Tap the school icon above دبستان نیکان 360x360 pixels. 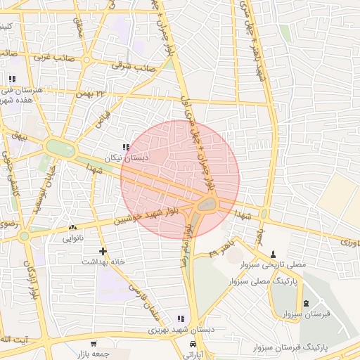coord(126,148)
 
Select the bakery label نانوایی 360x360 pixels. coord(73,238)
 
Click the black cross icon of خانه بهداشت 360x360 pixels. coord(103,251)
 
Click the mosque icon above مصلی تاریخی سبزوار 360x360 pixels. coord(274,254)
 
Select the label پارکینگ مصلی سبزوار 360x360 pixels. coord(263,280)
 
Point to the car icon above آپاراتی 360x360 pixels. coord(193,344)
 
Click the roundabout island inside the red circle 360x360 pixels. coord(207,205)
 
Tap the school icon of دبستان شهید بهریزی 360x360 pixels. coord(181,319)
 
